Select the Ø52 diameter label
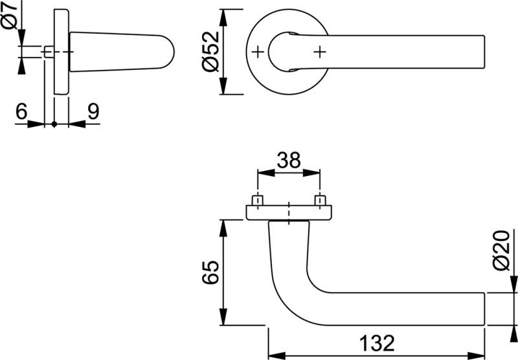(x=210, y=52)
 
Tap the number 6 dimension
(x=21, y=112)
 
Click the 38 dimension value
(x=288, y=160)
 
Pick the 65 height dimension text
(x=209, y=274)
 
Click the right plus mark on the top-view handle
(x=319, y=52)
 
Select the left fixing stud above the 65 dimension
(x=258, y=199)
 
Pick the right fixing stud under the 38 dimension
(x=319, y=199)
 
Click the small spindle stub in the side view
(x=49, y=52)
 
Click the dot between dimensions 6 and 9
(x=55, y=123)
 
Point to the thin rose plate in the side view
(x=62, y=52)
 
